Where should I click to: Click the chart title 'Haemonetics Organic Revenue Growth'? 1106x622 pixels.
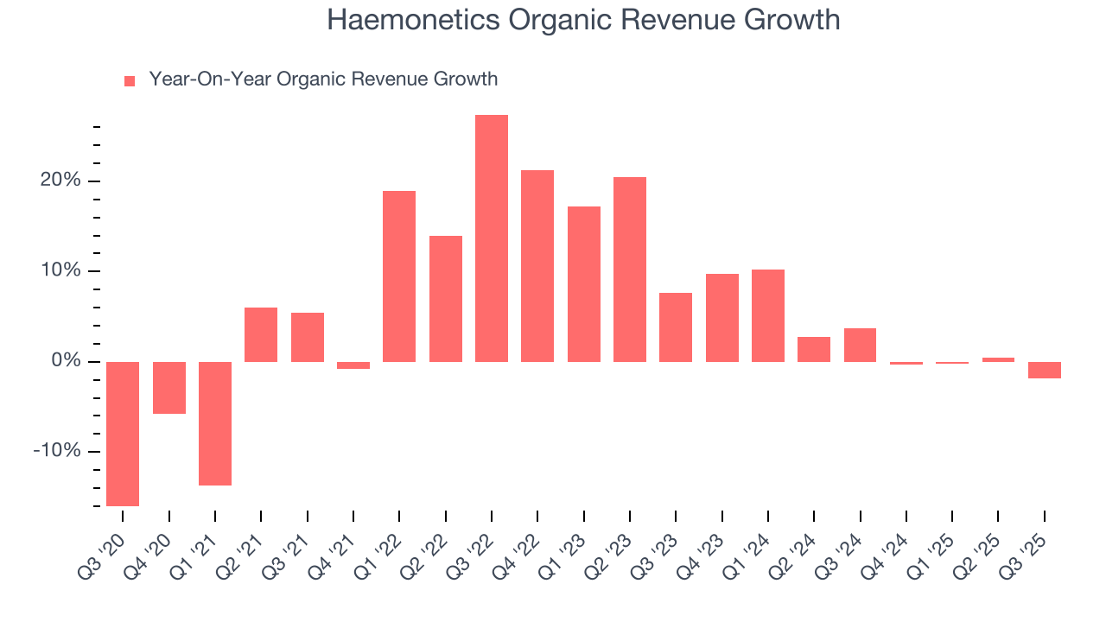(583, 20)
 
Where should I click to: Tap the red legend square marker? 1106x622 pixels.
(130, 81)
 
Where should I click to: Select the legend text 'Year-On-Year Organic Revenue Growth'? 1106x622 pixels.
(323, 79)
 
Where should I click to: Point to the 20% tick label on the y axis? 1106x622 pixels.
(59, 181)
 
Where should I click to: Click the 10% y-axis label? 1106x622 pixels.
(59, 271)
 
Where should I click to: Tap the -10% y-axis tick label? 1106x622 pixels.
(56, 452)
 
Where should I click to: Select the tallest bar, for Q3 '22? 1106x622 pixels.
(492, 238)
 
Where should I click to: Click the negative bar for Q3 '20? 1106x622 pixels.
(123, 434)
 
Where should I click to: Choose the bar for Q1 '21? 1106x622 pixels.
(215, 423)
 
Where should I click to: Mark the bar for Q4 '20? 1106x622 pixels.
(169, 388)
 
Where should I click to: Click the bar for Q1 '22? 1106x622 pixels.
(399, 276)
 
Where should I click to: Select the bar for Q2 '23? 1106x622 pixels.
(630, 269)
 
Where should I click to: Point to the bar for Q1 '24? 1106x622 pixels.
(768, 315)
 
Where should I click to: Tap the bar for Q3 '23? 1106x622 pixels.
(676, 327)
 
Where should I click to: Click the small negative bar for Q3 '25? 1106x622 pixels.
(1045, 370)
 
